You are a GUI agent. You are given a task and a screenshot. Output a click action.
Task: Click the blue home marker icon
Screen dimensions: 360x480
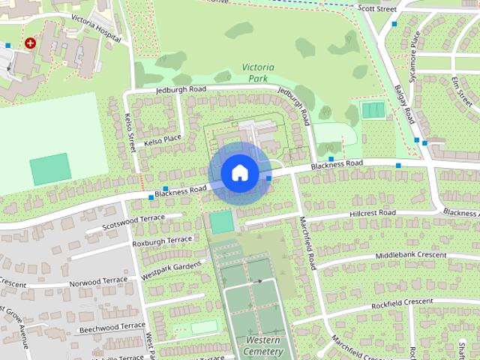(x=239, y=172)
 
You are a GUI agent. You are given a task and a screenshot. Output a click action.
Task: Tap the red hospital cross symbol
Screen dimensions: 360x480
(x=30, y=43)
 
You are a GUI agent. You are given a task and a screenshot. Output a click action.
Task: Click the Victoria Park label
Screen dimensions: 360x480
(x=258, y=72)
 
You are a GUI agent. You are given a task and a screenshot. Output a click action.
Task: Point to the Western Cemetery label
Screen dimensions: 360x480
(x=263, y=346)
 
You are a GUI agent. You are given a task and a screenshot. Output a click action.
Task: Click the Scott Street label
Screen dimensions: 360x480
(x=376, y=8)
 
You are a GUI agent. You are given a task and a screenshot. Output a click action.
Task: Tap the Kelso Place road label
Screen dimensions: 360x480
(x=163, y=139)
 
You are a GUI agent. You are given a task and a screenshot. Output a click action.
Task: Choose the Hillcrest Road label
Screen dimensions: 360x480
(x=372, y=214)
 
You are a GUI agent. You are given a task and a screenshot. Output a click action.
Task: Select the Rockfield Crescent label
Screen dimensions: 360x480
(x=401, y=302)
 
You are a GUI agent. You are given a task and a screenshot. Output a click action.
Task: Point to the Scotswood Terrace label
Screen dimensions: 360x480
(x=133, y=222)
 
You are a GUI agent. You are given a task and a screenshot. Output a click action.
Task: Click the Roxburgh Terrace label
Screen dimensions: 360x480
(x=162, y=241)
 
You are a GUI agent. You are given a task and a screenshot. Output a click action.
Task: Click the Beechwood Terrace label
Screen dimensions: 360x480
(x=111, y=327)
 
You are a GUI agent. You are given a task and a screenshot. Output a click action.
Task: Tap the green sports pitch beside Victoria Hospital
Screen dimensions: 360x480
(x=50, y=169)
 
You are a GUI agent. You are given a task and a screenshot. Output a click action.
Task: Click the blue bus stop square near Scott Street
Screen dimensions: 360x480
(x=394, y=24)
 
